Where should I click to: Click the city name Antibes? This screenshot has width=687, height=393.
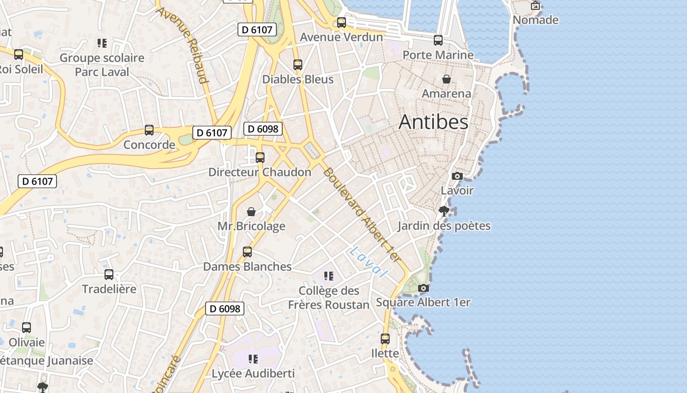tap(433, 122)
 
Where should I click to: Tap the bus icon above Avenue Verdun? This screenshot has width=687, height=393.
tap(341, 23)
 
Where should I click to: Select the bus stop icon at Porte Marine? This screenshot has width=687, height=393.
tap(438, 40)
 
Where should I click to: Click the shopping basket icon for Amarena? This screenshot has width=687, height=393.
tap(447, 79)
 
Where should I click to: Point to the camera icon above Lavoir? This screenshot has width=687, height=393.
tap(457, 176)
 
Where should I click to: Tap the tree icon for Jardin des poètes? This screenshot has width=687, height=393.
tap(444, 211)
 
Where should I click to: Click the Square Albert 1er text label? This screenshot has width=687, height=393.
tap(423, 303)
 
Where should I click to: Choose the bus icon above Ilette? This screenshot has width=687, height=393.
tap(385, 339)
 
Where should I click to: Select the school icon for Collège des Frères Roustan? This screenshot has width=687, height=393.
tap(328, 276)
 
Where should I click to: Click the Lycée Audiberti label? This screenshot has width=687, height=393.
tap(253, 374)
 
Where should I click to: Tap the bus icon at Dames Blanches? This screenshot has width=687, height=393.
tap(247, 252)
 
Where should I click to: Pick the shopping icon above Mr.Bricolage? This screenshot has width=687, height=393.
tap(251, 212)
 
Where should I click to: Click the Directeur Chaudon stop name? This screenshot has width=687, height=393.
tap(260, 172)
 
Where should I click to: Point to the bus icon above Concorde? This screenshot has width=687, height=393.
tap(149, 130)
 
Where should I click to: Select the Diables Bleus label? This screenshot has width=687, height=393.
tap(298, 80)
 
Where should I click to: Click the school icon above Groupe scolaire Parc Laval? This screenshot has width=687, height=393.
tap(102, 43)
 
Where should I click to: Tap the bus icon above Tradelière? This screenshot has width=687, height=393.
tap(109, 275)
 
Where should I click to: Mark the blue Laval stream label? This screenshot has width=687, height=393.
tap(368, 261)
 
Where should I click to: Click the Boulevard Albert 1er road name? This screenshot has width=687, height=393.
tap(362, 215)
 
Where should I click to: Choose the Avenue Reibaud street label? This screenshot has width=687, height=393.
tap(183, 45)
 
